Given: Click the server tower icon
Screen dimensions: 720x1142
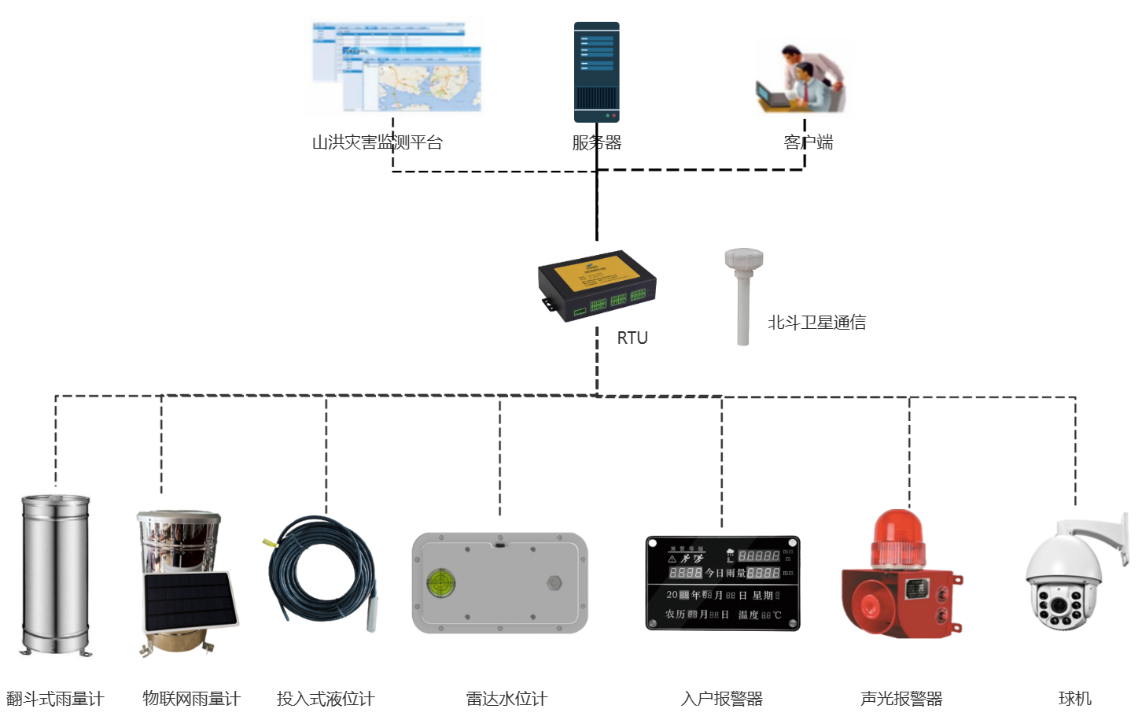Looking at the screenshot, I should [596, 72].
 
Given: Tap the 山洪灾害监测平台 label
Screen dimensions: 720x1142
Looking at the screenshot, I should [377, 142].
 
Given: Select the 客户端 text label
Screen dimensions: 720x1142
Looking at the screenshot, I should [809, 142].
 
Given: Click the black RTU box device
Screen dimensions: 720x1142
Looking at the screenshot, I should [597, 286].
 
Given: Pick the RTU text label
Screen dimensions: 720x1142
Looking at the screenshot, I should [632, 338].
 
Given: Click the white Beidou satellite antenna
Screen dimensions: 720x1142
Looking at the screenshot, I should [743, 295].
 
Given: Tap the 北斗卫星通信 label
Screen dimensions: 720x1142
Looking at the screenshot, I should [816, 323].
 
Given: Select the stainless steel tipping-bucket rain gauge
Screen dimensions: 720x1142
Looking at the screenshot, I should [55, 574].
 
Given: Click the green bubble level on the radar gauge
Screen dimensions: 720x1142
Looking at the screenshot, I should [438, 582].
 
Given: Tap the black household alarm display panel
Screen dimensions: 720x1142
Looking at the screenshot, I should [722, 583].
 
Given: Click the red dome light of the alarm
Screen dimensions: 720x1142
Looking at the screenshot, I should [898, 537].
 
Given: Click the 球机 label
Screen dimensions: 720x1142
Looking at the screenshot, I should [1074, 698].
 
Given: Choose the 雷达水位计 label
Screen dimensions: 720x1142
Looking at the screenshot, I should [507, 698].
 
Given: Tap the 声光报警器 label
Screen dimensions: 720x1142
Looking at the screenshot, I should [901, 698].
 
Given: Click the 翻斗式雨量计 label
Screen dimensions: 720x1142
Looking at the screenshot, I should [55, 698].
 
